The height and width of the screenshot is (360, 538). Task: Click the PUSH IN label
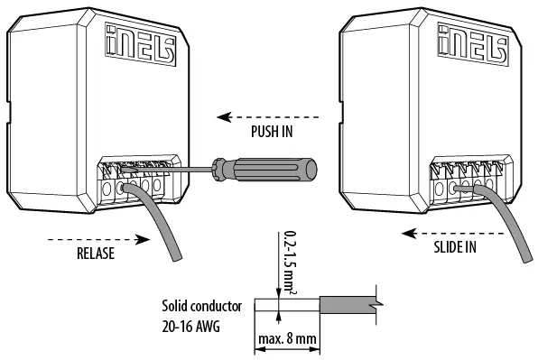[x=273, y=132]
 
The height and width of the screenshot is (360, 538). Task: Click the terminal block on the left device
[x=135, y=177]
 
